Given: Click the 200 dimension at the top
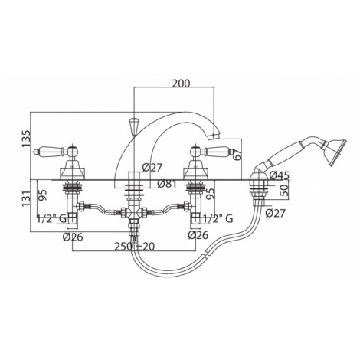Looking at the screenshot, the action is pos(181,83).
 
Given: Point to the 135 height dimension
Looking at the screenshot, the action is pos(26,139).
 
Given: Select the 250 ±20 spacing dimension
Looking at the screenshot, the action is pos(135,247).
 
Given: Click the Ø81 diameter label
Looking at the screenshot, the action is pos(167,184).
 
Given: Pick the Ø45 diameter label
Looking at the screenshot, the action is pos(280,175).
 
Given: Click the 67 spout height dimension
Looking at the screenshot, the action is pos(237,154).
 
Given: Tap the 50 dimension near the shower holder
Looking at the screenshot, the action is pos(286,190).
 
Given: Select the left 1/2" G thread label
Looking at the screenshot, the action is pos(52,218).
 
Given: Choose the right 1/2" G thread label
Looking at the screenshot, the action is pos(218,219).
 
